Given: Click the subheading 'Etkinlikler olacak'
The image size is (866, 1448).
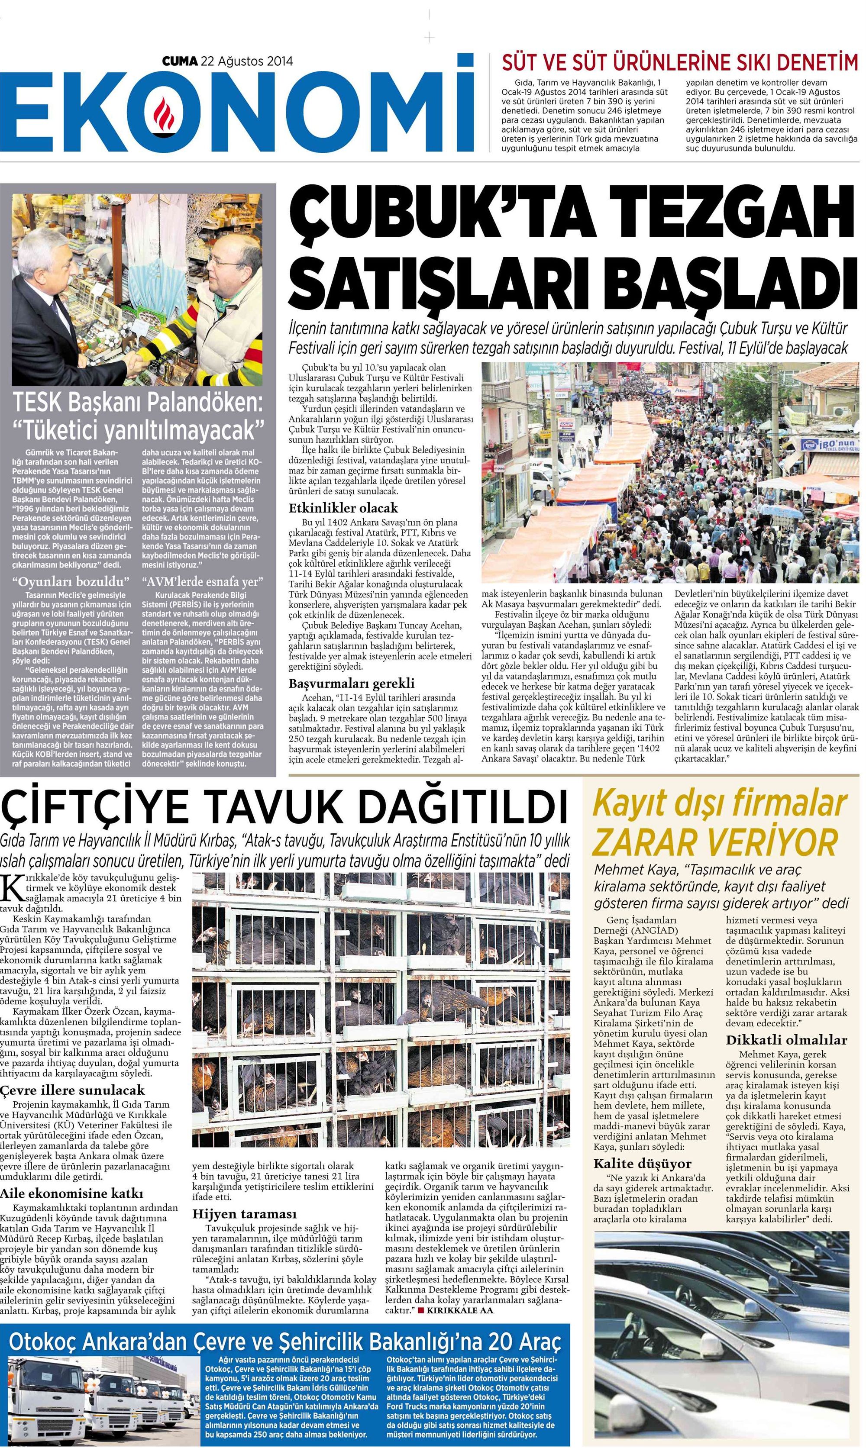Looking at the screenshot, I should tap(343, 508).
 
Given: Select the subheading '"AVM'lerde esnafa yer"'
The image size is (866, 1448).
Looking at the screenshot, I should tap(203, 581).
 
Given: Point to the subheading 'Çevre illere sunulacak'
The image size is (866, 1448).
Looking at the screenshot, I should tap(72, 1090).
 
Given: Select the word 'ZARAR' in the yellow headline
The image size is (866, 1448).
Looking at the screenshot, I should tap(644, 842).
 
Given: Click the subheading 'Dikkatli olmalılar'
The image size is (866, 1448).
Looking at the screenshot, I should tap(786, 1040).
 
